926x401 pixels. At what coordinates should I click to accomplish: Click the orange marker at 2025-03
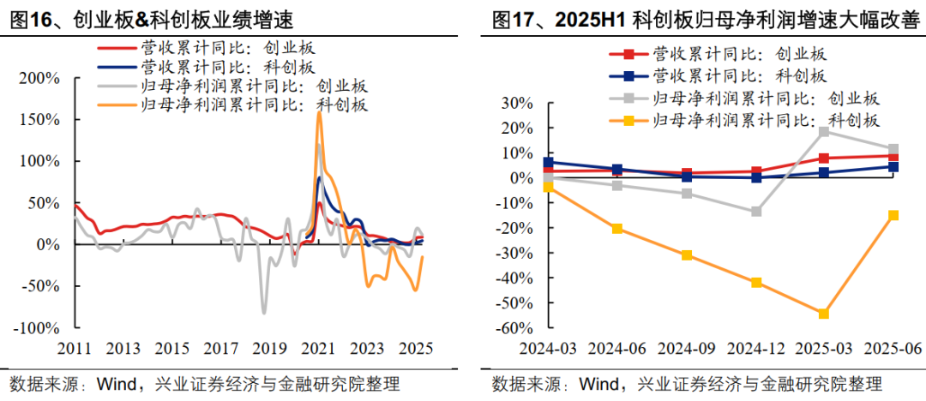click(x=824, y=314)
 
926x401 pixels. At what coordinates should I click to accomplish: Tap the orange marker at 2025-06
click(x=893, y=215)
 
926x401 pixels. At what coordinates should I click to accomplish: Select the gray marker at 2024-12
click(x=755, y=212)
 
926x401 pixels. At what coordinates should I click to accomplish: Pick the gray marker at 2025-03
click(x=824, y=131)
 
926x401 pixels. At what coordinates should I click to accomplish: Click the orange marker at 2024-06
click(x=617, y=229)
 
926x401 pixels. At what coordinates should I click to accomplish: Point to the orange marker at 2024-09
click(x=687, y=255)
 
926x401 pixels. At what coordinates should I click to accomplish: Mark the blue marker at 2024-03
click(x=549, y=162)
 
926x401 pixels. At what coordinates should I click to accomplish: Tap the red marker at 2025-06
click(x=893, y=156)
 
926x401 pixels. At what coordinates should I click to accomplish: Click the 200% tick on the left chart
click(x=39, y=78)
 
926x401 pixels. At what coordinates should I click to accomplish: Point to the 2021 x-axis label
click(x=318, y=349)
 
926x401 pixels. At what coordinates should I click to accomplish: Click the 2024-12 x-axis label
click(x=755, y=349)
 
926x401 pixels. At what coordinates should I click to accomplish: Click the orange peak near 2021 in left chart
click(x=319, y=112)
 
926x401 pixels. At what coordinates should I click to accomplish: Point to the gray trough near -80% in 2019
click(x=264, y=313)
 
